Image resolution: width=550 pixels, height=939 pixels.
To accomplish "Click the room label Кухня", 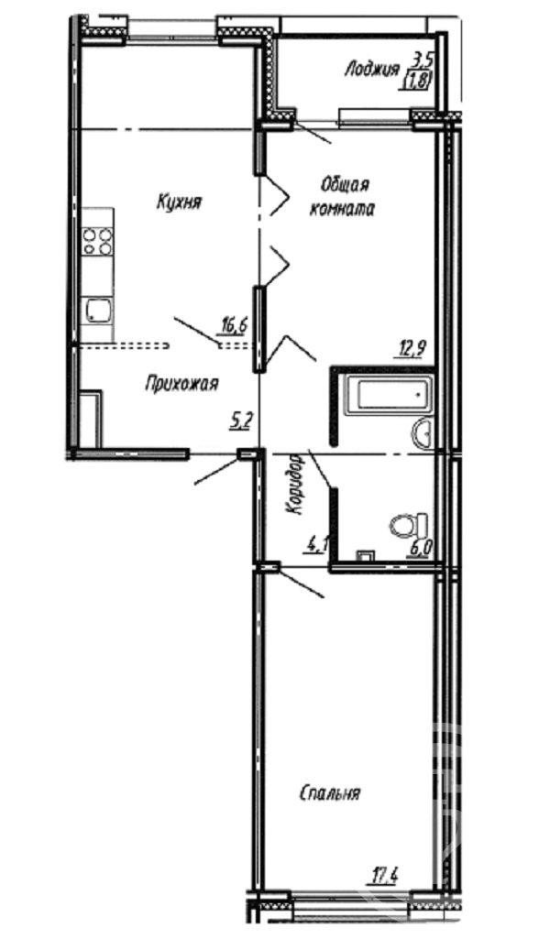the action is [178, 202].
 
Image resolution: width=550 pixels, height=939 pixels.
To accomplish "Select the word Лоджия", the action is [371, 71].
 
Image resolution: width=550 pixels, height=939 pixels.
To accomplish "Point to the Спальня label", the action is [329, 793].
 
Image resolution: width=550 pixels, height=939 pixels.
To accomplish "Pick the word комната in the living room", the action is [342, 210].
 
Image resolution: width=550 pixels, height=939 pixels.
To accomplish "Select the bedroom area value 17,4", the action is [383, 878].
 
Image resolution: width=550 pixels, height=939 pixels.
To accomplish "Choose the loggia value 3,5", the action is [423, 60].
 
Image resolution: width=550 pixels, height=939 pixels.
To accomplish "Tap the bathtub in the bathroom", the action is [393, 395].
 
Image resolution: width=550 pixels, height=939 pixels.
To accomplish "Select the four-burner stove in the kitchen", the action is [98, 241].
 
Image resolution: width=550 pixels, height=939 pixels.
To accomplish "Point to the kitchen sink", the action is [99, 311].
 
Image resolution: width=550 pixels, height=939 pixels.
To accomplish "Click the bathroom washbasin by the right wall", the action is [424, 432].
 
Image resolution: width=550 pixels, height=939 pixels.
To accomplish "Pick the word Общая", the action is [345, 185].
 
